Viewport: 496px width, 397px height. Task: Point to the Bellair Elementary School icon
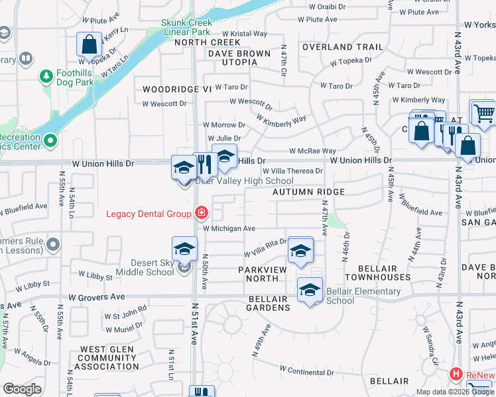tap(310, 290)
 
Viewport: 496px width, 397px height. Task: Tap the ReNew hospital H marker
tap(456, 375)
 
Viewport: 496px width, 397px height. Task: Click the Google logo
tap(22, 389)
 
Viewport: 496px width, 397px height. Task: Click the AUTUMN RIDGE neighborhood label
tap(308, 192)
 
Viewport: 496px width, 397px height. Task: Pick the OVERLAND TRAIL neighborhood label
tap(343, 48)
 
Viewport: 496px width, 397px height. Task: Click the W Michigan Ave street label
tap(229, 228)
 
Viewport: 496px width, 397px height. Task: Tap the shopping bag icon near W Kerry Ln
tap(89, 45)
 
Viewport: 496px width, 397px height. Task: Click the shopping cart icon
tap(484, 112)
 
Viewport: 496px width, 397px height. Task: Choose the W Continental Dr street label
tap(302, 372)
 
